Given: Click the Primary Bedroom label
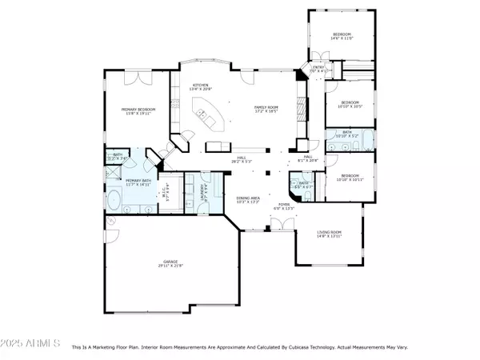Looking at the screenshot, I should pos(138,111).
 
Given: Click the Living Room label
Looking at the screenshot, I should pos(329,234).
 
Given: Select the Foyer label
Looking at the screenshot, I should pos(284,206).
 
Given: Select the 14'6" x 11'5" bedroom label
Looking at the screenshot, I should pos(342,36).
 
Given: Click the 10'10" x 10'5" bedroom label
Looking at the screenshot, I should pos(349,104).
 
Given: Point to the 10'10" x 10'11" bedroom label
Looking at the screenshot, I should pos(349,178).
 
